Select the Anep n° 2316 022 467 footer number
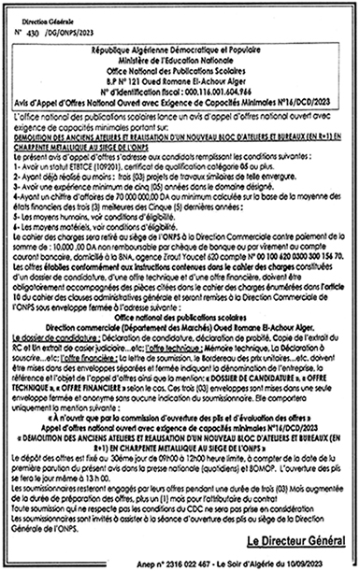click(169, 561)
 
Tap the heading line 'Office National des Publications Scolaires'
click(181, 63)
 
